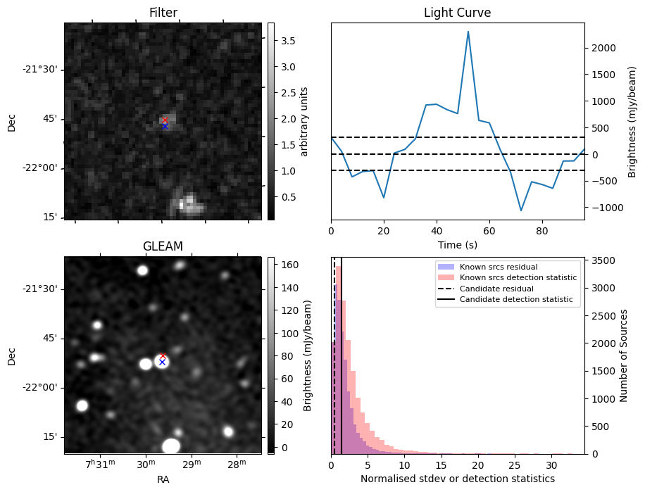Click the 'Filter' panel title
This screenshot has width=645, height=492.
[x=163, y=13]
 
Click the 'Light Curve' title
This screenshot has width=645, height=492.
[x=457, y=13]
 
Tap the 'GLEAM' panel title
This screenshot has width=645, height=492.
[x=163, y=246]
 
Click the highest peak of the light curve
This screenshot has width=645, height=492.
[x=468, y=32]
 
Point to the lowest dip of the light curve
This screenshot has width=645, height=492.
[x=521, y=210]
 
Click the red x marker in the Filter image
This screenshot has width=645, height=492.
[x=165, y=120]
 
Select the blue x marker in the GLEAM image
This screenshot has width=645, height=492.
[x=162, y=362]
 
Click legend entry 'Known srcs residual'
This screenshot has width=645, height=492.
[x=499, y=267]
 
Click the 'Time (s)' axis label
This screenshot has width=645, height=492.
[x=457, y=245]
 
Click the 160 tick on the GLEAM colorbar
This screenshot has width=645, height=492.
[x=291, y=265]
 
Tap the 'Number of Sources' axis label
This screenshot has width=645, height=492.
[x=624, y=355]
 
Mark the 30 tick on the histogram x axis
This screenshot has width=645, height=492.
[x=551, y=465]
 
